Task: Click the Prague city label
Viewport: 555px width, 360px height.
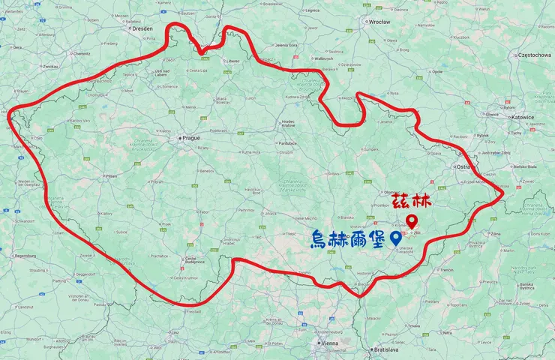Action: pyautogui.click(x=191, y=139)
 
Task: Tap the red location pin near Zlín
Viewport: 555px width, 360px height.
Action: pyautogui.click(x=412, y=221)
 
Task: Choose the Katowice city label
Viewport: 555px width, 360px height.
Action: pyautogui.click(x=519, y=118)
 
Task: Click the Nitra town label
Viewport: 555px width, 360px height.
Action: pyautogui.click(x=448, y=332)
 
